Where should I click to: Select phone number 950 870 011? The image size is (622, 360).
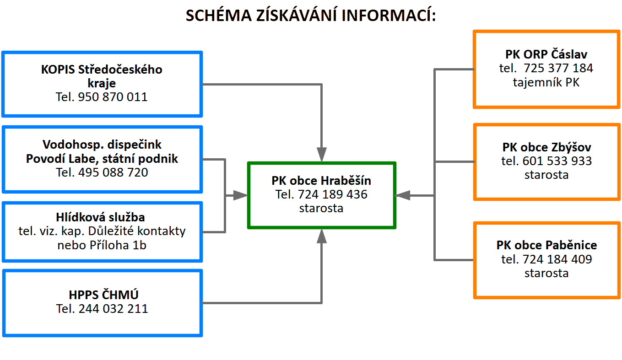tap(113, 97)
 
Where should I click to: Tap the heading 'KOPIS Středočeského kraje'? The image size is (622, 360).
tap(102, 76)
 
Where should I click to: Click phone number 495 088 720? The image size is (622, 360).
tap(114, 172)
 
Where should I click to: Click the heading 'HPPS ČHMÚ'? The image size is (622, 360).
tap(102, 295)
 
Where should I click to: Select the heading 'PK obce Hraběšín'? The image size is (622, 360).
tap(321, 180)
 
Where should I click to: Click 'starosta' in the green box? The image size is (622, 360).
tap(321, 208)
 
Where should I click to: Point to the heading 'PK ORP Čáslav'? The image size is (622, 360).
tap(546, 54)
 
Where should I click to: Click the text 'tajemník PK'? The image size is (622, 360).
tap(546, 83)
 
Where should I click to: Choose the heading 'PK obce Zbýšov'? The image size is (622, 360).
tap(546, 147)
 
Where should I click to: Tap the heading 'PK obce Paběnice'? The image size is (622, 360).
tap(546, 245)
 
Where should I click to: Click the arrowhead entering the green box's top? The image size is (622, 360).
tap(322, 154)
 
